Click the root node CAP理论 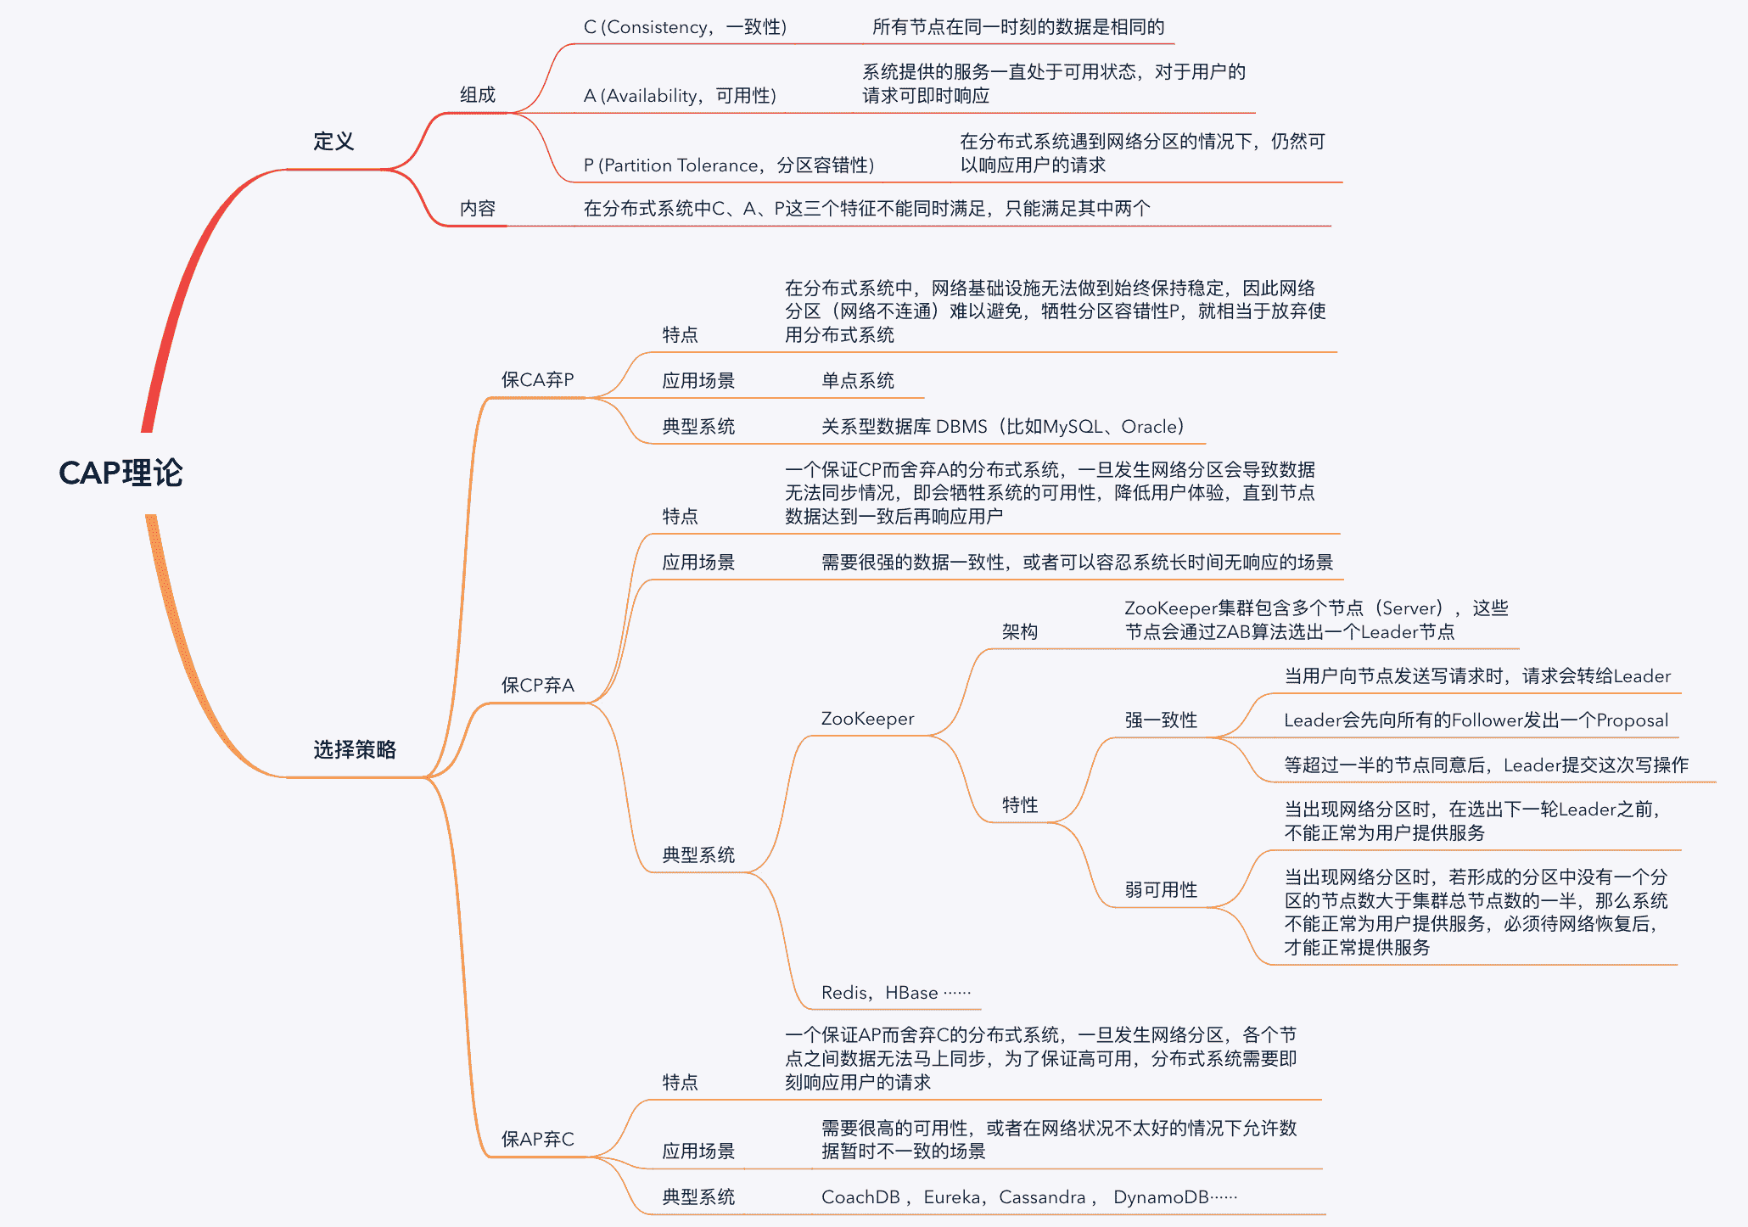point(120,473)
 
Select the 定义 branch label point(333,141)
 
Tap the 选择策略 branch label point(355,749)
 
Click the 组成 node point(478,95)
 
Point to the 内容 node point(478,209)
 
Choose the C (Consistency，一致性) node point(685,27)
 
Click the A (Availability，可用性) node point(680,96)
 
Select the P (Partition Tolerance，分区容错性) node point(728,165)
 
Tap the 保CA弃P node point(537,379)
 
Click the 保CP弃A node point(537,685)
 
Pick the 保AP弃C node point(537,1139)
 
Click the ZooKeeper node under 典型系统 point(867,719)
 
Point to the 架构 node point(1020,631)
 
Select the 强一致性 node point(1161,720)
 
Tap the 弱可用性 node point(1161,889)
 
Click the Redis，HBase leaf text point(895,993)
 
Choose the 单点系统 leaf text point(858,380)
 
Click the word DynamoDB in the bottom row point(1161,1197)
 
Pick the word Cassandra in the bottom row point(1042,1197)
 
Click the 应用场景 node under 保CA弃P point(698,380)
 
